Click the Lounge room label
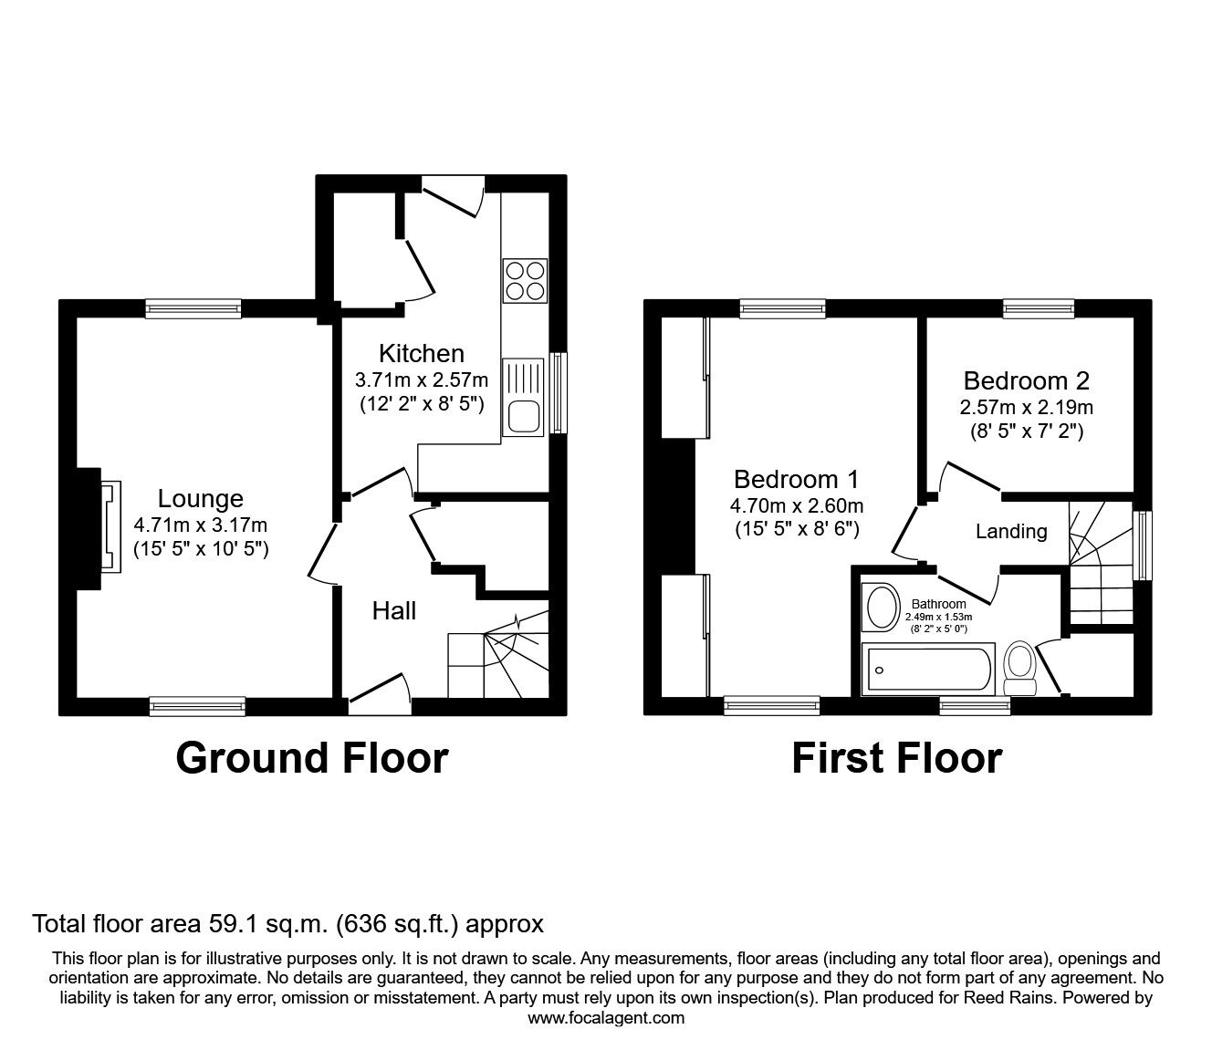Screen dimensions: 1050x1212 (x=200, y=498)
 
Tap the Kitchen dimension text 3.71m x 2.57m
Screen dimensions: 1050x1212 (x=421, y=379)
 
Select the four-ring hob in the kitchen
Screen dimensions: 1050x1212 (x=524, y=280)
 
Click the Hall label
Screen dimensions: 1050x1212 (x=393, y=610)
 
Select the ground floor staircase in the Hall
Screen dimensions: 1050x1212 (x=498, y=652)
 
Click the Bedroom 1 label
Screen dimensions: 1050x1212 (x=796, y=479)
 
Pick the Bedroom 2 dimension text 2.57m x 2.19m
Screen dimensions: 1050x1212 (x=1026, y=407)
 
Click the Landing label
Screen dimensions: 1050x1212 (x=1010, y=531)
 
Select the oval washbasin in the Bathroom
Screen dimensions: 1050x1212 (x=881, y=608)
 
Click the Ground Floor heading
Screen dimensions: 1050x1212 (x=311, y=758)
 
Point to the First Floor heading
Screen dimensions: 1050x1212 (x=896, y=758)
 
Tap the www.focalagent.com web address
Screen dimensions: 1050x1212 (x=606, y=1017)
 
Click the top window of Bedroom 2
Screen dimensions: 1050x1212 (x=1038, y=309)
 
